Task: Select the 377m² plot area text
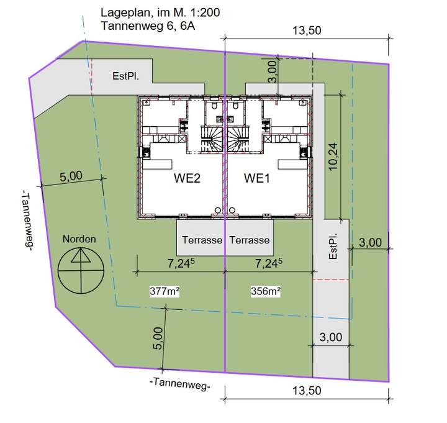pyautogui.click(x=165, y=291)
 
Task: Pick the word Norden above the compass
pyautogui.click(x=79, y=239)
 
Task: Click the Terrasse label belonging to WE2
pyautogui.click(x=202, y=240)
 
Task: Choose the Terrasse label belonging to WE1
pyautogui.click(x=250, y=240)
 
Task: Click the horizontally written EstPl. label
pyautogui.click(x=125, y=77)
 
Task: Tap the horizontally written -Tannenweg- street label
pyautogui.click(x=180, y=383)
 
